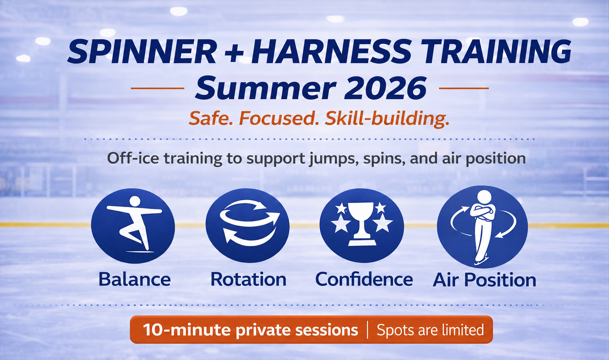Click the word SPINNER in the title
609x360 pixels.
142,51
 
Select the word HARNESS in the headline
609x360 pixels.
331,51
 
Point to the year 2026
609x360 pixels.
385,88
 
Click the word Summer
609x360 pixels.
266,88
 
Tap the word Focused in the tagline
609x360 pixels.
279,118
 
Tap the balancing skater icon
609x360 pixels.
133,226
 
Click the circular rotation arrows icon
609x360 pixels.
247,226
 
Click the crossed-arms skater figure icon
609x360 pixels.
482,227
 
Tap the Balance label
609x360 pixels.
135,279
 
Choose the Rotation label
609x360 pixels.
249,279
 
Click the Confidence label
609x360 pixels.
364,279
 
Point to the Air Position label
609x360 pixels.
484,280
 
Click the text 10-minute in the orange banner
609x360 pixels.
187,330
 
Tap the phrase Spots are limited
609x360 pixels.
430,330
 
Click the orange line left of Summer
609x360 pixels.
158,89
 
